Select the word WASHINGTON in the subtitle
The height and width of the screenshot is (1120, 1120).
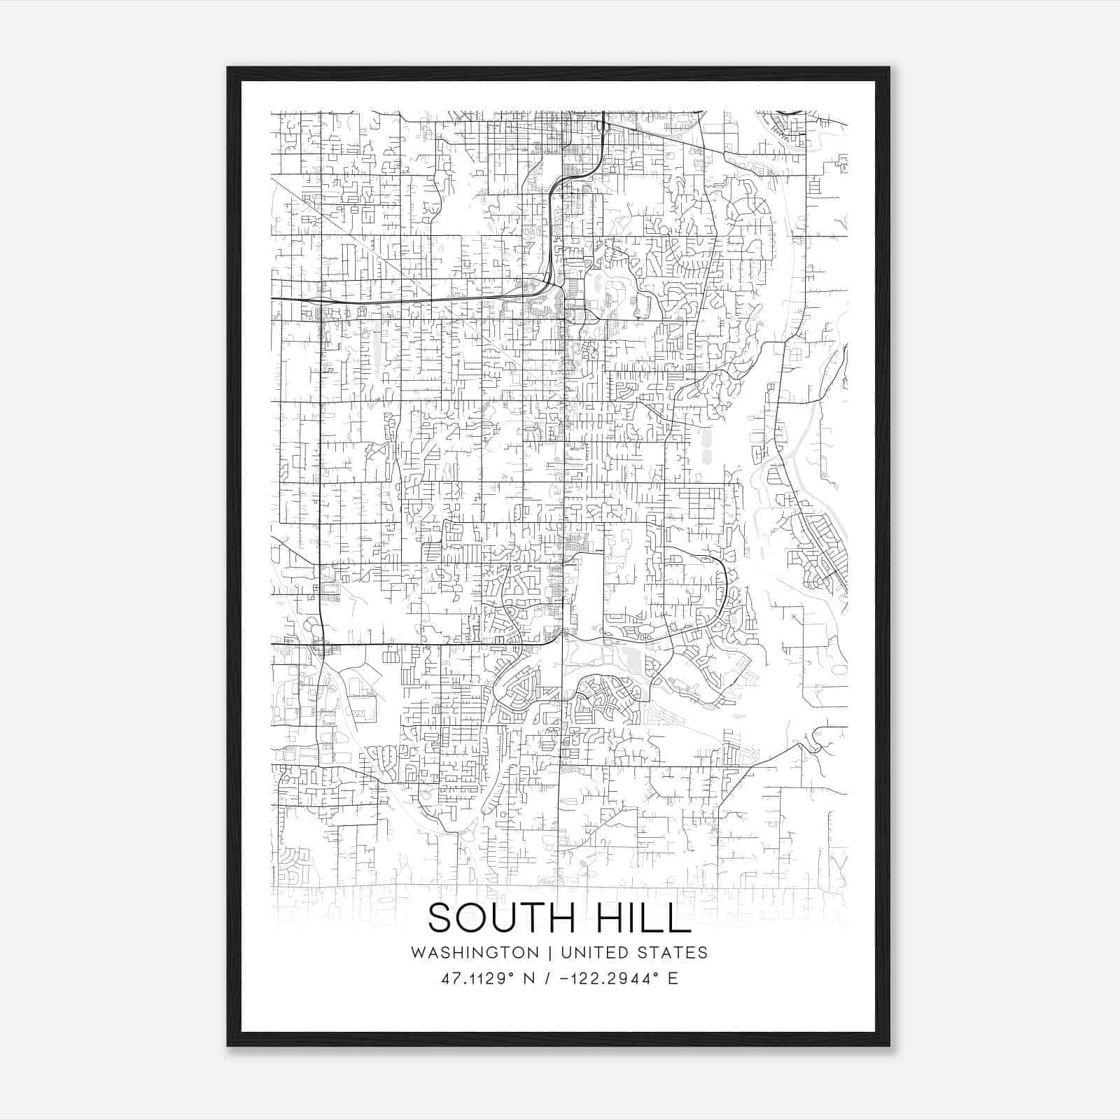(475, 953)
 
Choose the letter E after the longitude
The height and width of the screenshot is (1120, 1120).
(673, 979)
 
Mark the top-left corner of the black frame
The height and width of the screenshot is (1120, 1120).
(227, 68)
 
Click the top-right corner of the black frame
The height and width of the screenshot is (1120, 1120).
(889, 68)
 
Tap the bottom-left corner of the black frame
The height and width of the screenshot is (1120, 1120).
(227, 1046)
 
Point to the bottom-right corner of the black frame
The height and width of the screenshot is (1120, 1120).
(889, 1046)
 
